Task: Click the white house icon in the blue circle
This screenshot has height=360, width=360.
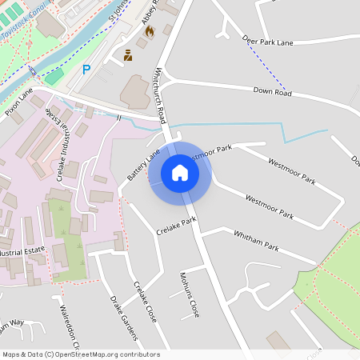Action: tap(180, 173)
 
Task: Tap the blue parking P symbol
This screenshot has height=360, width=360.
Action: tap(86, 70)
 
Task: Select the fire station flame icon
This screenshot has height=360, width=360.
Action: tap(148, 31)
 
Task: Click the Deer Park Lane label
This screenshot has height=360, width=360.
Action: tap(271, 39)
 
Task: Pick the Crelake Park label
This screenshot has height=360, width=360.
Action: tap(176, 226)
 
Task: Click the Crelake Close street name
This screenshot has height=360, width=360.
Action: tap(145, 302)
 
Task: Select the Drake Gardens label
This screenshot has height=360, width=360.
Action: tap(122, 316)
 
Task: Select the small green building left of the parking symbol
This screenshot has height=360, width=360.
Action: tap(54, 77)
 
